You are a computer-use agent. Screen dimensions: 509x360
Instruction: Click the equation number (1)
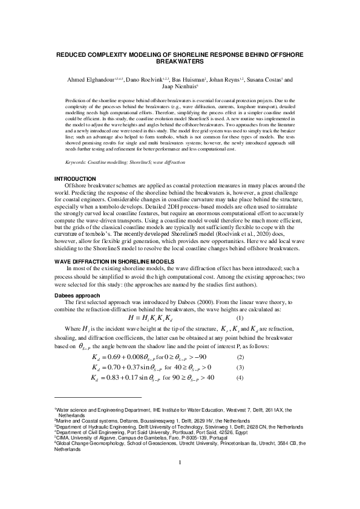(240, 318)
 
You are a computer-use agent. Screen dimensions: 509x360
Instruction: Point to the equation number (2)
(240, 358)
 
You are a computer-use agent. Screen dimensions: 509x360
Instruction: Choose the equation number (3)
(240, 368)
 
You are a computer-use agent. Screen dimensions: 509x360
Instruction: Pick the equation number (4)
(240, 378)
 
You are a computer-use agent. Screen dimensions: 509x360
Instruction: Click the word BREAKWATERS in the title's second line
(179, 62)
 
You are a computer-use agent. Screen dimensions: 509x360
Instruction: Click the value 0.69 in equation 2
(114, 358)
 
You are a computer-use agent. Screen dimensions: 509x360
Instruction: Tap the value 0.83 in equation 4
(114, 378)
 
